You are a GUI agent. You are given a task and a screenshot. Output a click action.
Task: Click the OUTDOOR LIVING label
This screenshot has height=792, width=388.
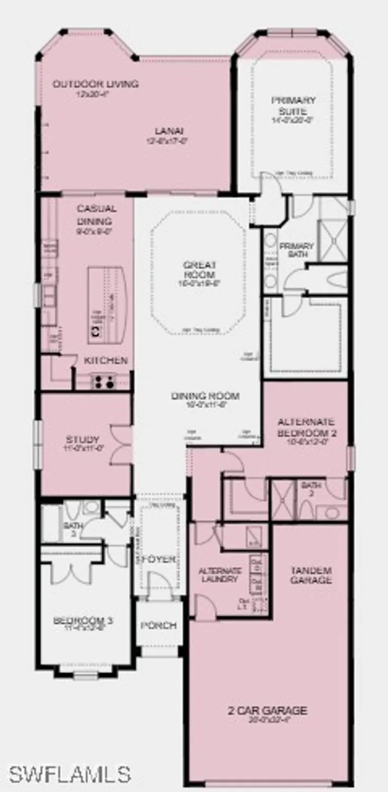[x=96, y=84]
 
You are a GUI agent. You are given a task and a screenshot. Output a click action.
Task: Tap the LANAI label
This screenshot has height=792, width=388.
[x=168, y=131]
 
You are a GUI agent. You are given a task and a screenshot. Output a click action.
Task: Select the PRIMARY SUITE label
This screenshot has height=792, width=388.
[x=294, y=106]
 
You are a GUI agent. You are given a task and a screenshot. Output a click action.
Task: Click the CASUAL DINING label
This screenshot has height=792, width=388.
[x=97, y=214]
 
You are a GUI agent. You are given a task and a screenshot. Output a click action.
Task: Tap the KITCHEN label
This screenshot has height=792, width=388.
[x=106, y=361]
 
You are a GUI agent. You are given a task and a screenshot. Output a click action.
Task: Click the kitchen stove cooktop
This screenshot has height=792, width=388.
[x=104, y=381]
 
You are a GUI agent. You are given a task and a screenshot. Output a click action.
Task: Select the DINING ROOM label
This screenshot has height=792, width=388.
[x=205, y=396]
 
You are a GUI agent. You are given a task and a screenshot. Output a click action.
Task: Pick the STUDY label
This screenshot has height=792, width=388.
[x=82, y=439]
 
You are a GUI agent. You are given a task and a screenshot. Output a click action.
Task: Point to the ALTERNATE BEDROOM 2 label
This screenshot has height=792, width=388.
[x=306, y=427]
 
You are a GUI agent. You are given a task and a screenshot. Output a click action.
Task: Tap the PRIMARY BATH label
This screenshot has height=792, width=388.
[x=297, y=250]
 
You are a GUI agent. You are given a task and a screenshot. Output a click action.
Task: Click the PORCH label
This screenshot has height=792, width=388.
[x=158, y=625]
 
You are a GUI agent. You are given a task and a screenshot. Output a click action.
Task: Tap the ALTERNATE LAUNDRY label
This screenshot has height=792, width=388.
[x=220, y=575]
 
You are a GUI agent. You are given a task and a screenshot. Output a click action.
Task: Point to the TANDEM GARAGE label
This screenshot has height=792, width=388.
[x=311, y=575]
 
